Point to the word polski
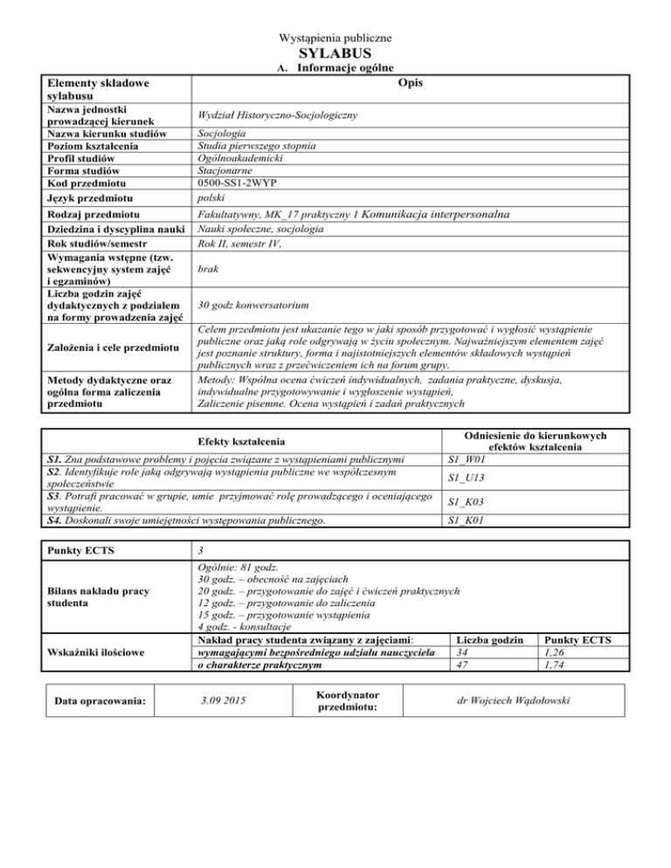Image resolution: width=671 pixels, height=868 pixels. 214,200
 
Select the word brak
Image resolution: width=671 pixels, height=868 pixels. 209,272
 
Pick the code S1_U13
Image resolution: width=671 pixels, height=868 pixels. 466,478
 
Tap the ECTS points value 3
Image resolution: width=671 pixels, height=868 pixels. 202,552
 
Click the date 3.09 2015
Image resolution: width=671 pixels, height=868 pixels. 223,699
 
